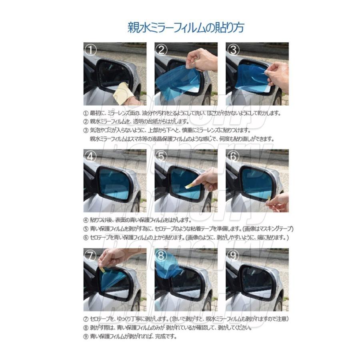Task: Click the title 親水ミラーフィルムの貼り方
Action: click(x=180, y=28)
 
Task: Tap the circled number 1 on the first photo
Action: click(x=92, y=50)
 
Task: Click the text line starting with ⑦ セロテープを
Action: click(x=186, y=319)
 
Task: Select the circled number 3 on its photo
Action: click(x=234, y=50)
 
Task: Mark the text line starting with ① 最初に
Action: click(x=182, y=113)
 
